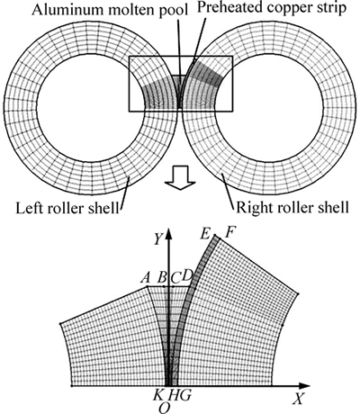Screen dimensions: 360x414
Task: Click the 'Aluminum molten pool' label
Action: tap(110, 10)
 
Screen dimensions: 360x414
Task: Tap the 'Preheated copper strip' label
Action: tap(272, 8)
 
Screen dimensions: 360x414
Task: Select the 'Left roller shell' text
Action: tap(67, 208)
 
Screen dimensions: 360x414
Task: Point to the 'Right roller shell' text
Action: tap(292, 207)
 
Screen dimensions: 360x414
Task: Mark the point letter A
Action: tap(145, 278)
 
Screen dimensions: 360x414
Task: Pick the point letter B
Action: tap(162, 278)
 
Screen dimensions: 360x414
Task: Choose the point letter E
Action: tap(205, 234)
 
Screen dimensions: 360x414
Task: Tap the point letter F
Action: tap(231, 232)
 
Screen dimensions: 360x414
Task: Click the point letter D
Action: tap(187, 275)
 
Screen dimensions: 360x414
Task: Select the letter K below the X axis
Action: tap(157, 395)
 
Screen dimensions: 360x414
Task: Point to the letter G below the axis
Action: tap(184, 395)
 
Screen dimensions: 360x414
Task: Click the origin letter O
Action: tap(164, 408)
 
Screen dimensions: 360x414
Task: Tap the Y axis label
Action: tap(158, 239)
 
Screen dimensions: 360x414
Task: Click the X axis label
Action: tap(298, 400)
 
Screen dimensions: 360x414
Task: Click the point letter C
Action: tap(175, 278)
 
